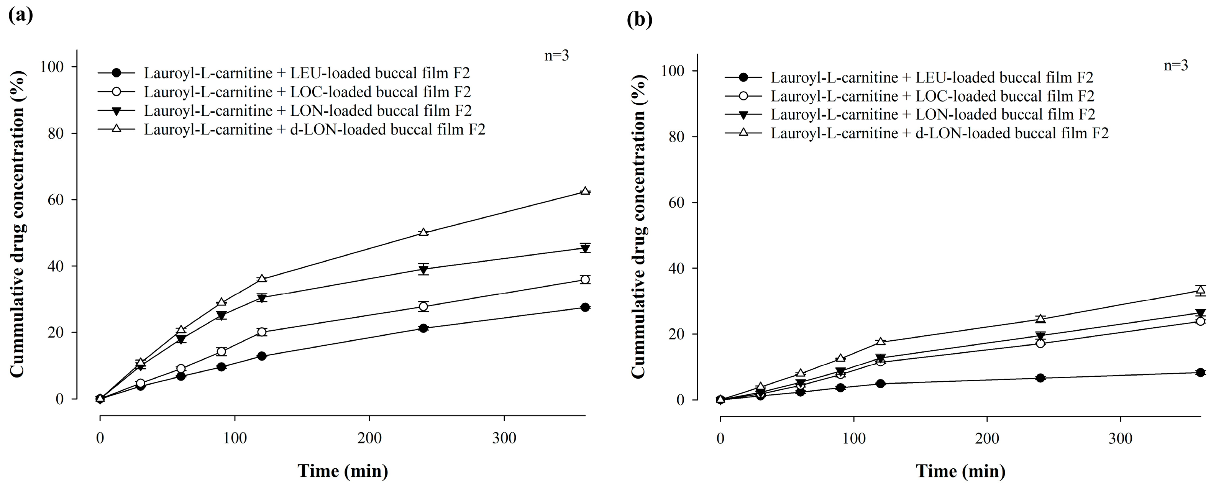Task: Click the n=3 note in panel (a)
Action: [x=556, y=56]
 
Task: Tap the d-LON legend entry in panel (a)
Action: [x=314, y=129]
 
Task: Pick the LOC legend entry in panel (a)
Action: [x=307, y=92]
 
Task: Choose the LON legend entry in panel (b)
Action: [x=933, y=114]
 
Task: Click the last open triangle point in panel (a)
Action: [x=585, y=191]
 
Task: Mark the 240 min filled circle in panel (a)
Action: [x=423, y=328]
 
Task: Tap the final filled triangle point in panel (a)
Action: [x=585, y=248]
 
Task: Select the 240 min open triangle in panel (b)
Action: [x=1040, y=318]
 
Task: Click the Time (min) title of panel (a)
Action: [x=343, y=471]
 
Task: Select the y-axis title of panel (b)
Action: [x=638, y=226]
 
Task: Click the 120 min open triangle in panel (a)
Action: [x=262, y=279]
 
